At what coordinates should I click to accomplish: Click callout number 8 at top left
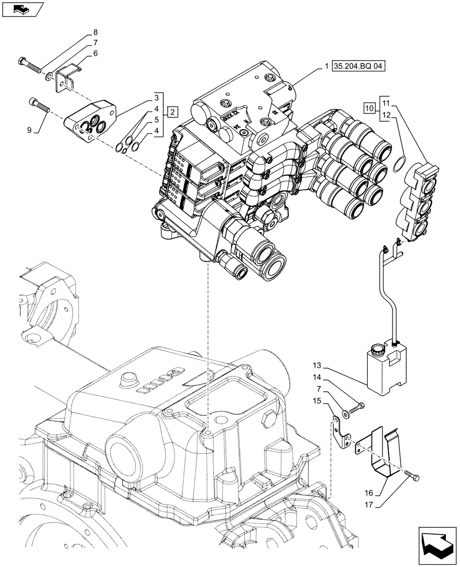coord(95,32)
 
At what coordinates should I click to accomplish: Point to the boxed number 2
coord(173,110)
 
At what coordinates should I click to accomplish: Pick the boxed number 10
coord(369,108)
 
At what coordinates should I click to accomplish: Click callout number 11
coord(385,103)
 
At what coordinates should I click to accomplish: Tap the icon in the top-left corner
coord(21,9)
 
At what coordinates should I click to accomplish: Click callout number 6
coord(95,53)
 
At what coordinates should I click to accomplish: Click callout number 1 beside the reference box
coord(327,67)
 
